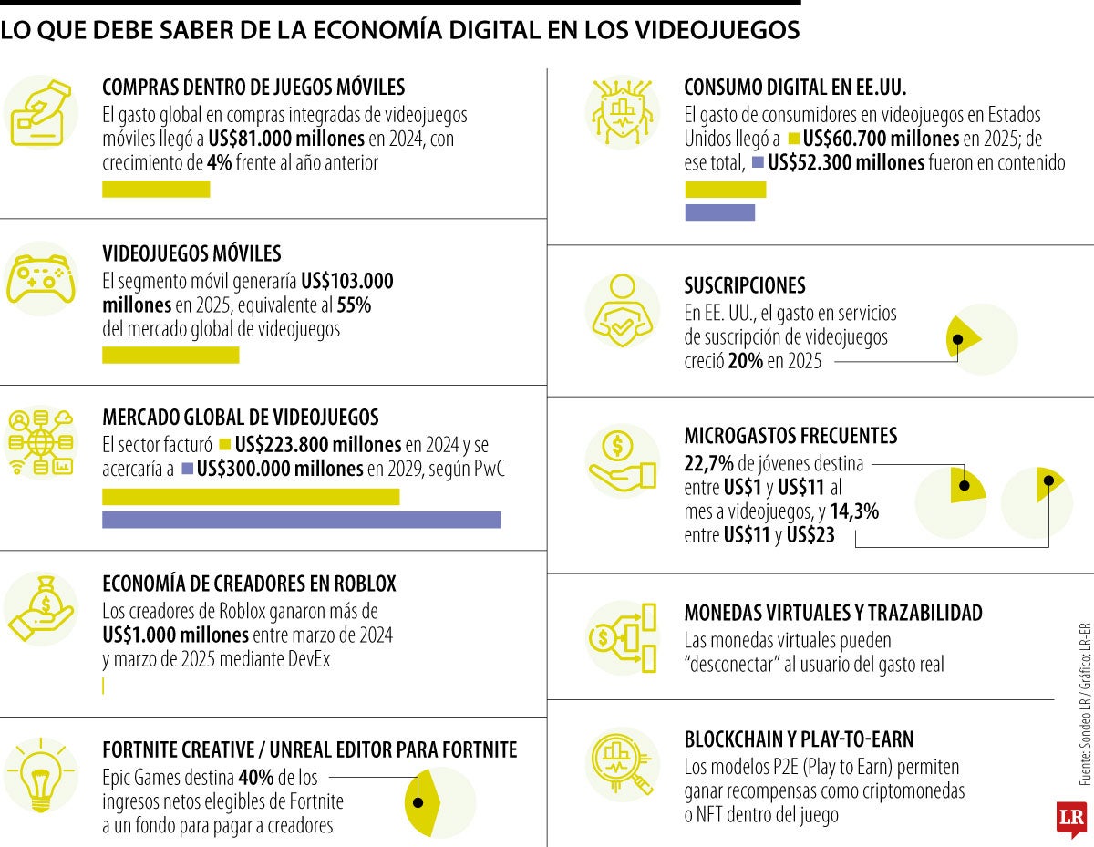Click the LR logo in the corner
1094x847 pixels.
[1071, 819]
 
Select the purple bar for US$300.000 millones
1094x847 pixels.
[301, 520]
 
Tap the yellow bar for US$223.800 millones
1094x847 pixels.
[251, 497]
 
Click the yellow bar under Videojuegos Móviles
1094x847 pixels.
[170, 355]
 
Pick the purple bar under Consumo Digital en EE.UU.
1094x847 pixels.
[720, 212]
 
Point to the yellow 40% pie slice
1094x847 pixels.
[423, 802]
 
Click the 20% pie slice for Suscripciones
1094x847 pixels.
[962, 338]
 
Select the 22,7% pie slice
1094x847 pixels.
[966, 484]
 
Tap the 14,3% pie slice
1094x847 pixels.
[1048, 483]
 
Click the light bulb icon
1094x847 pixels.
[41, 775]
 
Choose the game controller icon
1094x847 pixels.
[41, 278]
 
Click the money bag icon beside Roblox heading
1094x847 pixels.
[41, 609]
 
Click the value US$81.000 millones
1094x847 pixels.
[286, 139]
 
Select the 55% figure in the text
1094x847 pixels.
[354, 305]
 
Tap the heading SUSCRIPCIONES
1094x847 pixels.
[745, 285]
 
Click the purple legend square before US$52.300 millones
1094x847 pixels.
[758, 162]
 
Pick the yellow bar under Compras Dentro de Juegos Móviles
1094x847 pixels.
[156, 190]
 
